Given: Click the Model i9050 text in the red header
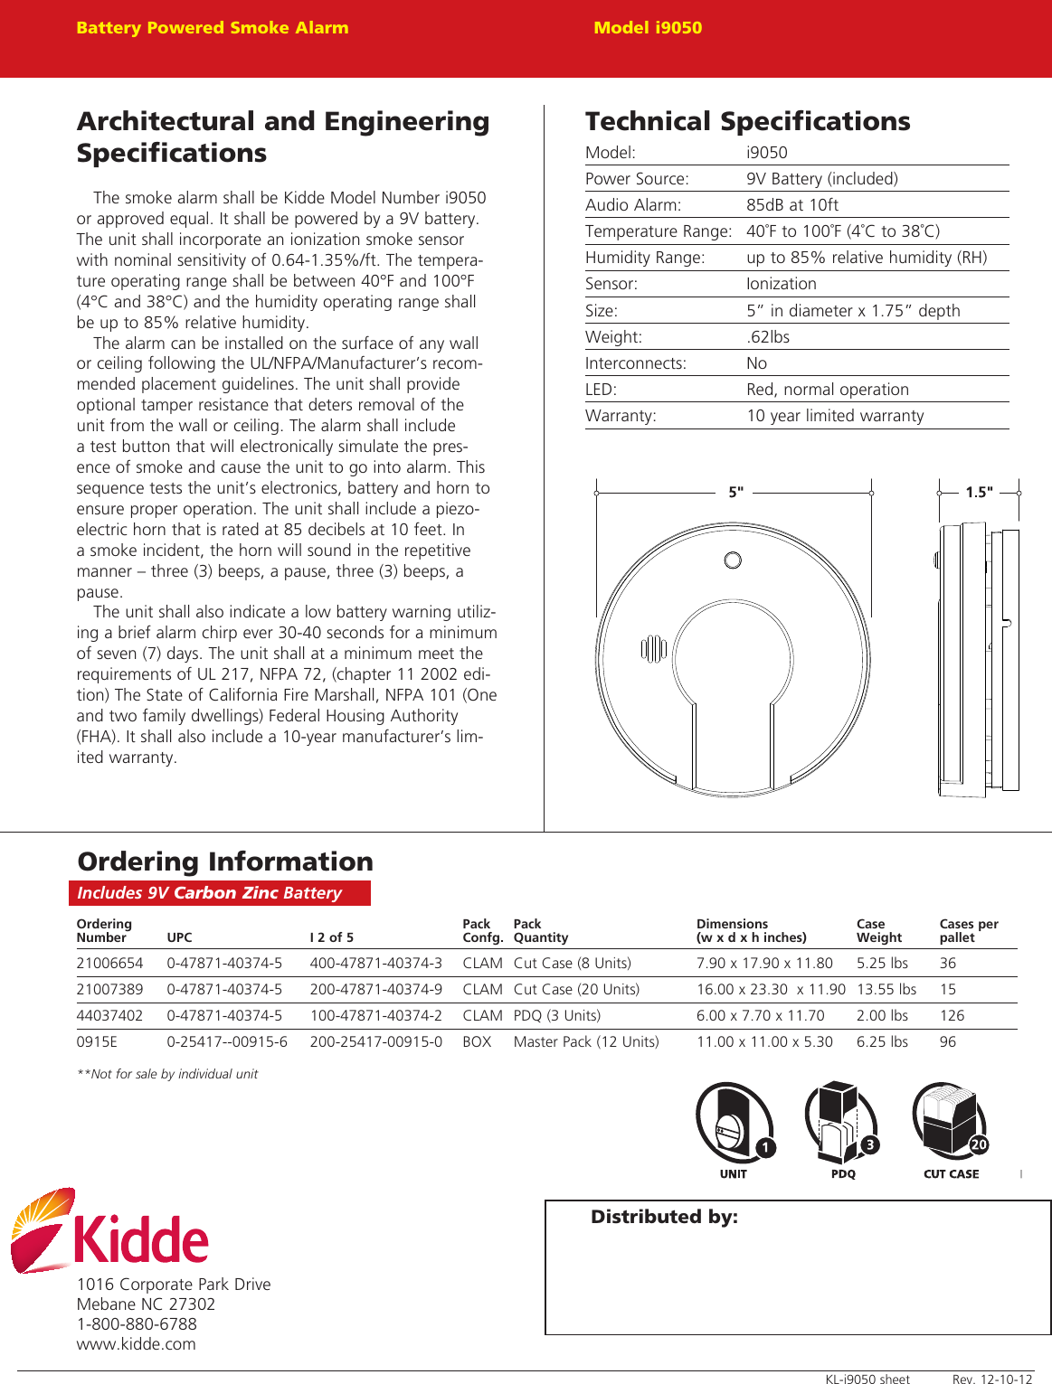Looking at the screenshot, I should pyautogui.click(x=648, y=28).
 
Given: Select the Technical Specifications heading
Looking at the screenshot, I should pyautogui.click(x=747, y=121).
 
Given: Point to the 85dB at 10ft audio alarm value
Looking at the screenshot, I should pyautogui.click(x=791, y=205).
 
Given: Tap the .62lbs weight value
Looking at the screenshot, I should pyautogui.click(x=768, y=337).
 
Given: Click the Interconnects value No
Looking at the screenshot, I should pyautogui.click(x=756, y=363).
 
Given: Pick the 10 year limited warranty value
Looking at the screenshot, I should pyautogui.click(x=835, y=416).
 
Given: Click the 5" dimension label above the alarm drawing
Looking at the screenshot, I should pyautogui.click(x=735, y=493).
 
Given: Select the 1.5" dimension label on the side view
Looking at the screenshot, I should pyautogui.click(x=978, y=493).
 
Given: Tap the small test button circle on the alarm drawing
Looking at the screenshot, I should pyautogui.click(x=733, y=560).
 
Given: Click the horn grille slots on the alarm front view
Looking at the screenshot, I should pyautogui.click(x=653, y=649).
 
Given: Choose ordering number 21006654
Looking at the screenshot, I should pyautogui.click(x=109, y=964).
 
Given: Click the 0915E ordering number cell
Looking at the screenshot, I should pyautogui.click(x=97, y=1042).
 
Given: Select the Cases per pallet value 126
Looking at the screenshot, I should pyautogui.click(x=952, y=1016).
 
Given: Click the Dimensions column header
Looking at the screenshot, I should pyautogui.click(x=751, y=931).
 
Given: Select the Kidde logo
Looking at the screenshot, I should pyautogui.click(x=109, y=1231).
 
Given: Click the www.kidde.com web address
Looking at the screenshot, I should pyautogui.click(x=136, y=1344).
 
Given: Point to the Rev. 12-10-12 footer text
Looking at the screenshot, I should pyautogui.click(x=991, y=1379).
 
